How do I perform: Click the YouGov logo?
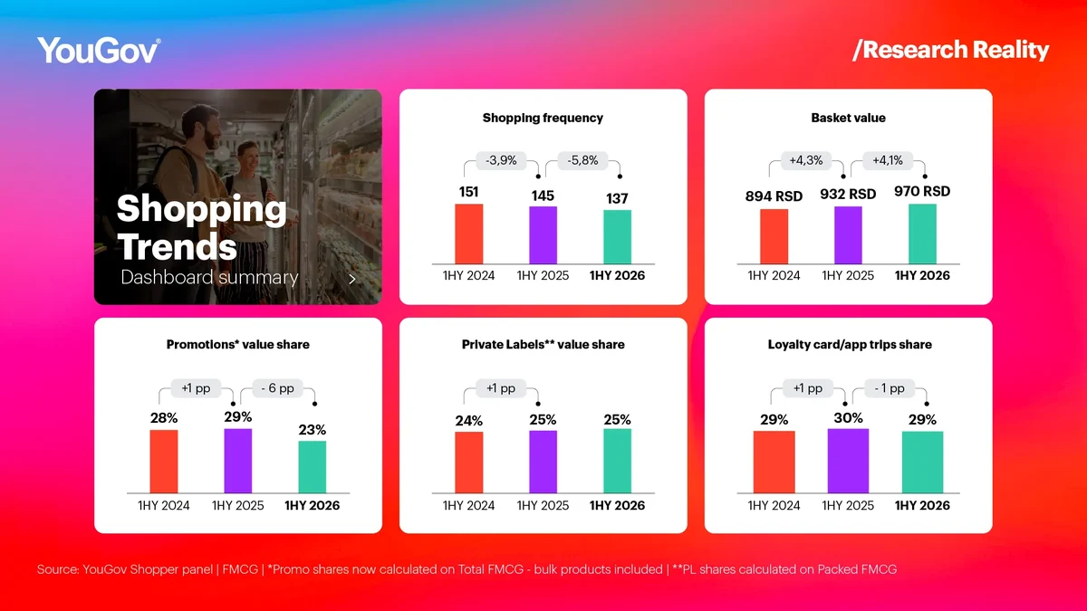click(99, 50)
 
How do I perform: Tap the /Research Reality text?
click(950, 50)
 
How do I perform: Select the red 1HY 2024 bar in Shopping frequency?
click(469, 234)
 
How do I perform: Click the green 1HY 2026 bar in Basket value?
click(922, 234)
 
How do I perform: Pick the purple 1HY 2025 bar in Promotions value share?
click(237, 461)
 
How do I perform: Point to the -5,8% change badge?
click(582, 160)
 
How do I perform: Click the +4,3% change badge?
click(806, 160)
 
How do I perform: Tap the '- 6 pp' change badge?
click(277, 388)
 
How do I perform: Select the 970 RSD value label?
click(922, 192)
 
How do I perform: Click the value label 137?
click(617, 198)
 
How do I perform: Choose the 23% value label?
click(312, 430)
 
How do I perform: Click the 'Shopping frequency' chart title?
click(543, 118)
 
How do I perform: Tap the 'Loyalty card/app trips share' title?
click(850, 344)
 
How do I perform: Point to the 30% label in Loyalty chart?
click(848, 418)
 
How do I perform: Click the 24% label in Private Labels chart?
click(469, 421)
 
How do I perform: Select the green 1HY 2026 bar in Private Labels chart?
click(617, 461)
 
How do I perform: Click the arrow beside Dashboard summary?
click(352, 279)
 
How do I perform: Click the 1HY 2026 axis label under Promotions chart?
click(312, 505)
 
